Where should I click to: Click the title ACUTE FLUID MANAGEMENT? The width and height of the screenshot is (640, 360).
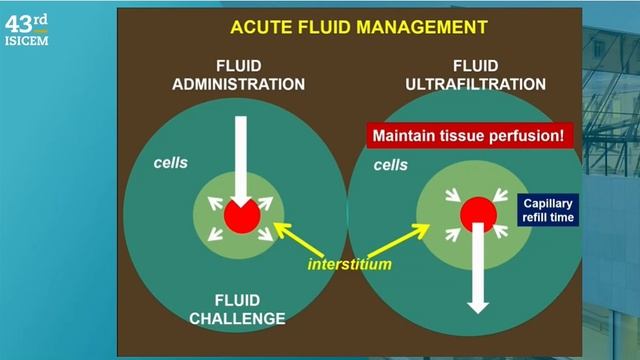[359, 27]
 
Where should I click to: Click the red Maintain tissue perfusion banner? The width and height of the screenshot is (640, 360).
[470, 133]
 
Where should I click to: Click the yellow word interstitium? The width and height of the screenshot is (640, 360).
[349, 265]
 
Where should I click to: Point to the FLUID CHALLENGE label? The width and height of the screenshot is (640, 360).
[238, 309]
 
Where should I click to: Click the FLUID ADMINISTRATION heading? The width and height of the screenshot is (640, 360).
[237, 76]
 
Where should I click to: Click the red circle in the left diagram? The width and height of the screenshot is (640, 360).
[239, 215]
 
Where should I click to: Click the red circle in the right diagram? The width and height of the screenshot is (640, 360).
[478, 213]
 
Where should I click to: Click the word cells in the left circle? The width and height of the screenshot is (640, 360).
[171, 161]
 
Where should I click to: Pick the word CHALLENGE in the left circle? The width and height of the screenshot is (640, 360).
[238, 318]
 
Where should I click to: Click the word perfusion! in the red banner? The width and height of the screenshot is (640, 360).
[531, 133]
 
